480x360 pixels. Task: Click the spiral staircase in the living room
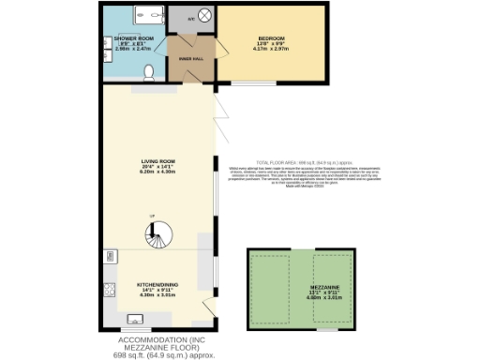[x=152, y=235]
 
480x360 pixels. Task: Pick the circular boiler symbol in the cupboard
[x=205, y=18]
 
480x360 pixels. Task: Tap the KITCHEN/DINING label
[x=157, y=284]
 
